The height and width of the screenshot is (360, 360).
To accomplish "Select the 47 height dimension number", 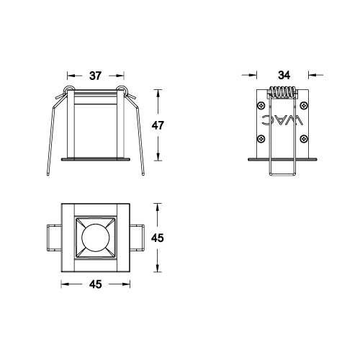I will (x=158, y=125).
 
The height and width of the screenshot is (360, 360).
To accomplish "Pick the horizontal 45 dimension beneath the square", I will (x=95, y=284).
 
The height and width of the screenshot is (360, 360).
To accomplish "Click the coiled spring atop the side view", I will (x=283, y=94).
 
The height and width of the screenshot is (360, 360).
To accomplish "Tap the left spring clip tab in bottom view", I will (x=52, y=237).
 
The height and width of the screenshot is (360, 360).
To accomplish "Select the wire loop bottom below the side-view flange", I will (x=283, y=174).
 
